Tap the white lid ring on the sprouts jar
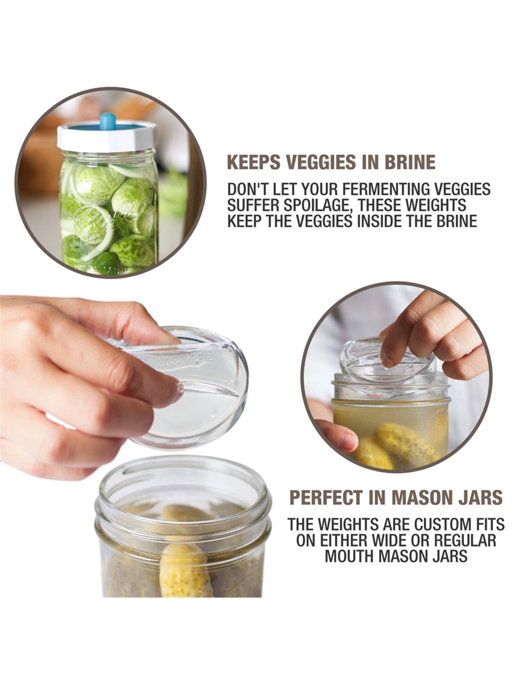point(106,137)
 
